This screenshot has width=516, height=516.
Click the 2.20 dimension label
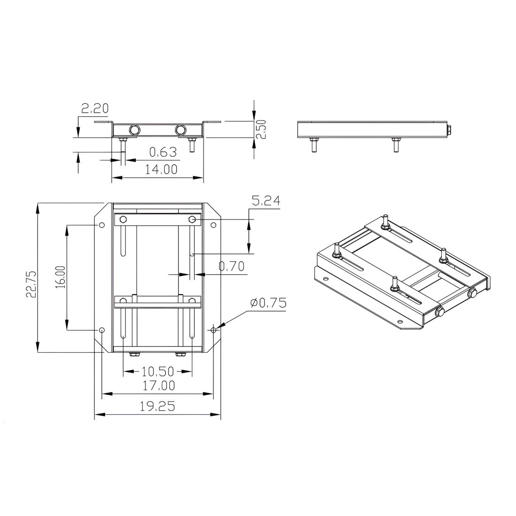(x=95, y=109)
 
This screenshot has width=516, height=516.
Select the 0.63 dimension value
(x=163, y=152)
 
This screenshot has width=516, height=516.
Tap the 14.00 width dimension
(x=161, y=169)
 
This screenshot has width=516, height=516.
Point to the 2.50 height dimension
(x=261, y=129)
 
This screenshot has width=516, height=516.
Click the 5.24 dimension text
(x=266, y=201)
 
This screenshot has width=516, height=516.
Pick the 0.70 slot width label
(x=231, y=266)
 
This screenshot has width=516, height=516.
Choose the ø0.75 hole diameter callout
(x=268, y=303)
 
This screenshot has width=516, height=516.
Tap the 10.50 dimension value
(x=158, y=372)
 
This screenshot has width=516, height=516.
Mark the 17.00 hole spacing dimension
(x=158, y=386)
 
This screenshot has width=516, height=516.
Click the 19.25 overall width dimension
(x=158, y=406)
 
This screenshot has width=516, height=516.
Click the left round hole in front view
(x=135, y=129)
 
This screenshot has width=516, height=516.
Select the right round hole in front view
(x=180, y=129)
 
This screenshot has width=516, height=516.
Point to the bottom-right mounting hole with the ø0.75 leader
(x=213, y=330)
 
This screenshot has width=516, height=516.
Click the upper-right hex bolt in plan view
(x=192, y=219)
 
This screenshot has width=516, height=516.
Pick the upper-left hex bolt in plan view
(x=123, y=219)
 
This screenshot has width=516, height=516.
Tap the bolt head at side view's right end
(x=449, y=129)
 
